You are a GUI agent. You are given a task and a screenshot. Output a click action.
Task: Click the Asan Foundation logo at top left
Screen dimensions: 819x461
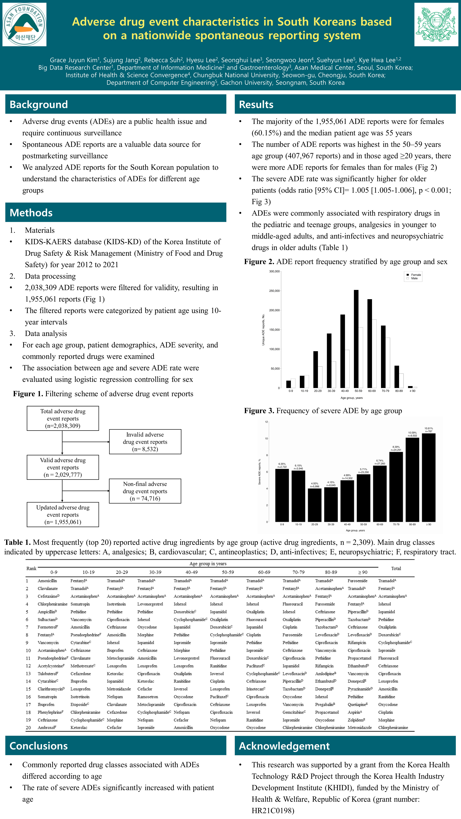(24, 24)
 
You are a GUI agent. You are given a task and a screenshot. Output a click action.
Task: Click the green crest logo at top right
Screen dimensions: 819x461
(436, 24)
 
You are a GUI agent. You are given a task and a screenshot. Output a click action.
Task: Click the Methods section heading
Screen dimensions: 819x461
(31, 213)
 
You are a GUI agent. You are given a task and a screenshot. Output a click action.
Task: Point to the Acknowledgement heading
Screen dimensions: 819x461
(284, 746)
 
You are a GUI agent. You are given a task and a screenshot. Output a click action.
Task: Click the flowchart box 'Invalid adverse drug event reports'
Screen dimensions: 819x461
(145, 442)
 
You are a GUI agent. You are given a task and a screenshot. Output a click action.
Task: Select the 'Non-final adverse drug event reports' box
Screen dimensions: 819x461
(145, 491)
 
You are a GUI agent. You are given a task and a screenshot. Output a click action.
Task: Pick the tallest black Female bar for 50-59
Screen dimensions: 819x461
(356, 339)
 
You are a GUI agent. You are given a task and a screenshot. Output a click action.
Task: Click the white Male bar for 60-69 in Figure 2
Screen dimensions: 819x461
(374, 354)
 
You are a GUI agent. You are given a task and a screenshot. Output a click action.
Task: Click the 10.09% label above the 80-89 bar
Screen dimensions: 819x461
(412, 432)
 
